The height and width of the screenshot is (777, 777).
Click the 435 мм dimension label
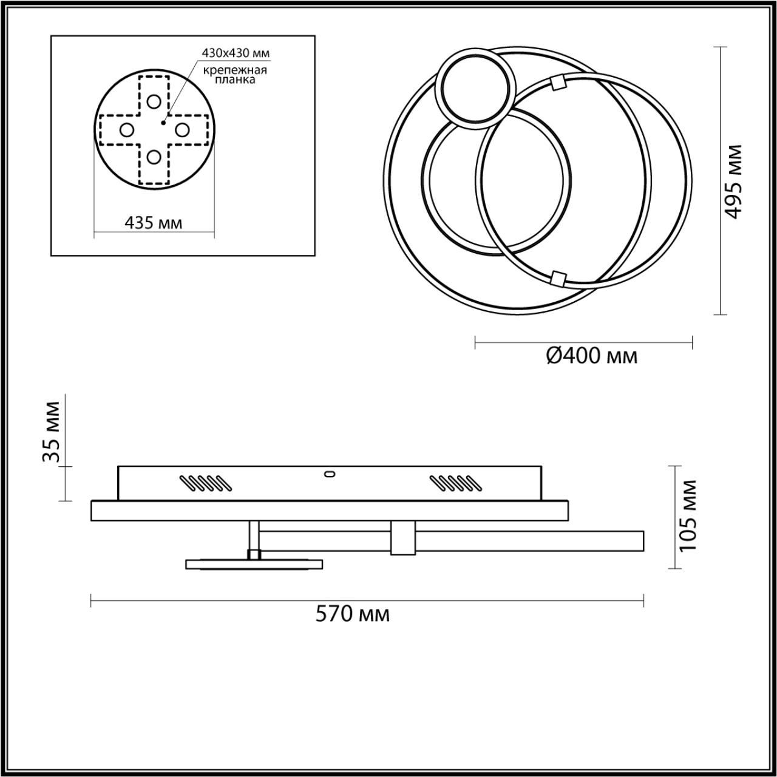tap(153, 223)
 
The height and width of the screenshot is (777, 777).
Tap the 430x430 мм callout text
tap(235, 53)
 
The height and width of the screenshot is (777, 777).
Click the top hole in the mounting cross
tap(154, 101)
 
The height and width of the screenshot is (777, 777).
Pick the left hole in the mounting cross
tap(126, 129)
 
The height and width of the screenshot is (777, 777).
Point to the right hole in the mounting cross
tap(181, 129)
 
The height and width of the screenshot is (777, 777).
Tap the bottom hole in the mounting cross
tap(154, 157)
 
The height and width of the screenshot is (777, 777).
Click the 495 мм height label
tap(734, 181)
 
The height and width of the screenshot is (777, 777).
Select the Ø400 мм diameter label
tap(591, 356)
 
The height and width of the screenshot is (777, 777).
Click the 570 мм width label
tap(352, 614)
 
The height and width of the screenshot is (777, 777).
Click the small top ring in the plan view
tap(473, 89)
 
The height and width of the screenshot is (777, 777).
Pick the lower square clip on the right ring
tap(557, 278)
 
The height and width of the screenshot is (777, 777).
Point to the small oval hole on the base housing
tap(330, 473)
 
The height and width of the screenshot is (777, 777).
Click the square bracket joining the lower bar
tap(402, 537)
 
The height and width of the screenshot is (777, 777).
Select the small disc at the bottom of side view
tap(254, 565)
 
